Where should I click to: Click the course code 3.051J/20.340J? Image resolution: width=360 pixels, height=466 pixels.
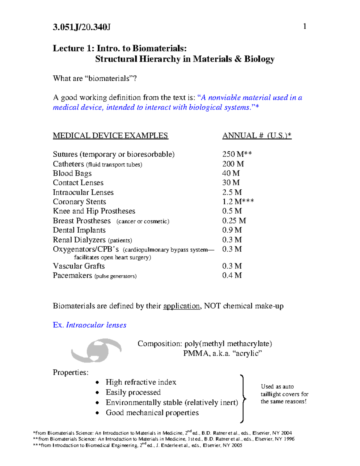(82, 27)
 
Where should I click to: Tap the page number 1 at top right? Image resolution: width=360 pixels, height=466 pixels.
(305, 26)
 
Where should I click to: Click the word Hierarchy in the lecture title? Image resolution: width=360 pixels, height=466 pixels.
(159, 59)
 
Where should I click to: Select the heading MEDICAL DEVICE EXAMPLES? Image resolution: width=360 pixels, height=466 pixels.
(110, 136)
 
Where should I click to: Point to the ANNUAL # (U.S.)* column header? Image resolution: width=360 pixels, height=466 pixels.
(257, 136)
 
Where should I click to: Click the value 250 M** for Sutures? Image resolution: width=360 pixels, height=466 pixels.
(237, 154)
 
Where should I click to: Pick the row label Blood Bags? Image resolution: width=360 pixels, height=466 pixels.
(72, 173)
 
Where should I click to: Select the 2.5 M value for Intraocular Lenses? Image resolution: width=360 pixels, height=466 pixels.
(232, 192)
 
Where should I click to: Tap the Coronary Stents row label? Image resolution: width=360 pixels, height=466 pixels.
(79, 202)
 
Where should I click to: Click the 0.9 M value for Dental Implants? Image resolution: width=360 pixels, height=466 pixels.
(232, 230)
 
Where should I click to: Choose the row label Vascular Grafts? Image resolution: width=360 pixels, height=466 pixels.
(79, 266)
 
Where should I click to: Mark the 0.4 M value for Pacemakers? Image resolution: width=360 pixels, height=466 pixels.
(232, 275)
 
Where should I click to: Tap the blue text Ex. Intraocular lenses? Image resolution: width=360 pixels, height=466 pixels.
(89, 325)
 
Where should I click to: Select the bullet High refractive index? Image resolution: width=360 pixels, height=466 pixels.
(141, 382)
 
